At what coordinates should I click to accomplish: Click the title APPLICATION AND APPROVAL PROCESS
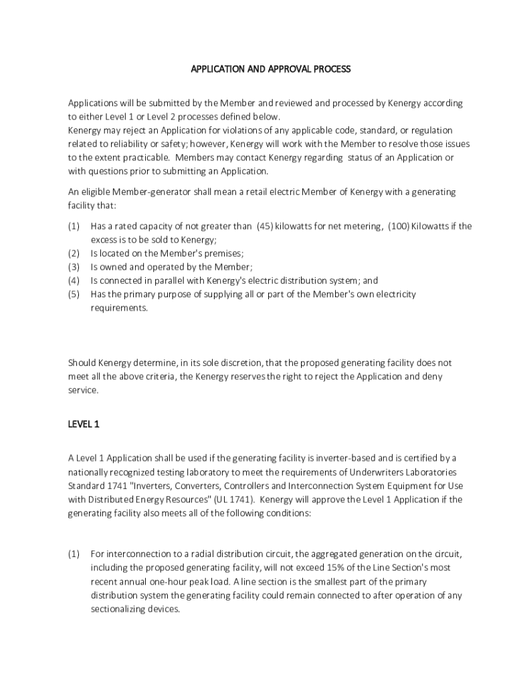tap(270, 69)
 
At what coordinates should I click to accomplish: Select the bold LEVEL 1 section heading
tap(84, 423)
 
